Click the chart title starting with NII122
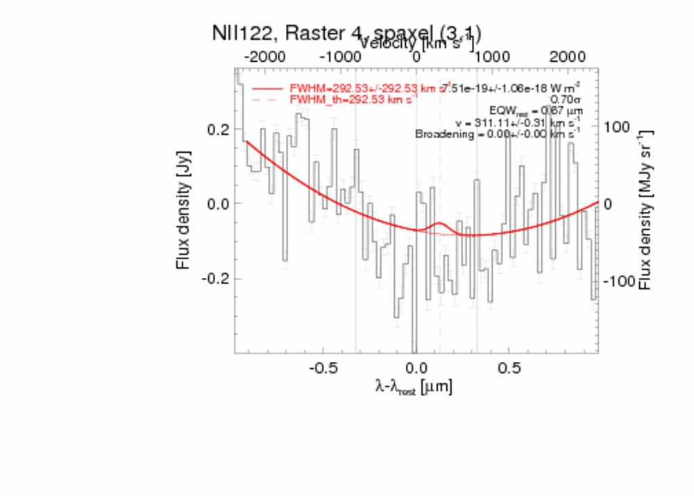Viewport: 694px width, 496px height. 347,33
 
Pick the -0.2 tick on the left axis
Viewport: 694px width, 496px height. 217,279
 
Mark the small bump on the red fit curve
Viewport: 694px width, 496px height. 439,224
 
